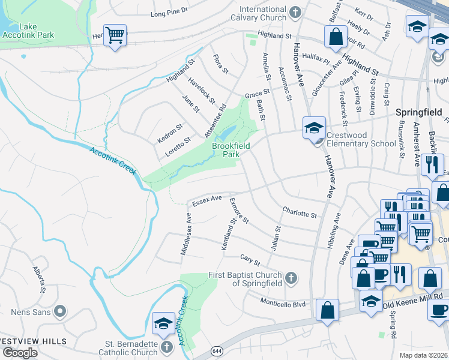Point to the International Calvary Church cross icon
[x=295, y=12]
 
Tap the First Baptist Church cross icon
[x=291, y=278]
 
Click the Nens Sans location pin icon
[x=59, y=311]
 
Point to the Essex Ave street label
[x=207, y=200]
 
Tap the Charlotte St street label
[x=299, y=214]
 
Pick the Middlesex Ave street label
[x=187, y=234]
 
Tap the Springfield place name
[x=418, y=112]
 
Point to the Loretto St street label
[x=178, y=146]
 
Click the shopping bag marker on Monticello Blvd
[x=327, y=310]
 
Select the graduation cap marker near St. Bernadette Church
[x=163, y=323]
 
